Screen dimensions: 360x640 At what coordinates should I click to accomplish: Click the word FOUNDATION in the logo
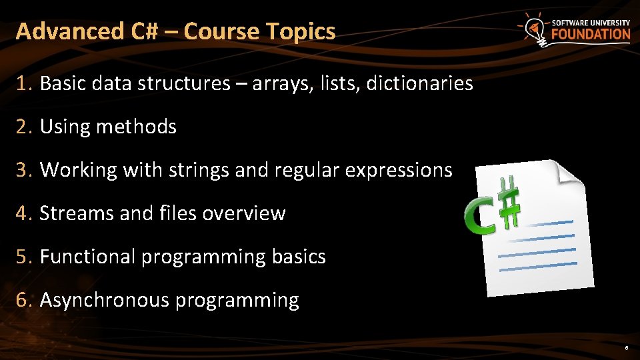[590, 35]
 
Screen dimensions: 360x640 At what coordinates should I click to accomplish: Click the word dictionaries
[419, 83]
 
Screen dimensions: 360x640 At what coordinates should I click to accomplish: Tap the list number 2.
[24, 127]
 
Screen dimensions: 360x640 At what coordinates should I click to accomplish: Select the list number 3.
[24, 170]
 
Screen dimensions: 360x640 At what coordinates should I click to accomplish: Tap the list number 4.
[24, 213]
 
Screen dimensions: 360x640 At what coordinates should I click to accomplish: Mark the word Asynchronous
[105, 301]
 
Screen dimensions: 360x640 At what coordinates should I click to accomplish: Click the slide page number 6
[626, 348]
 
